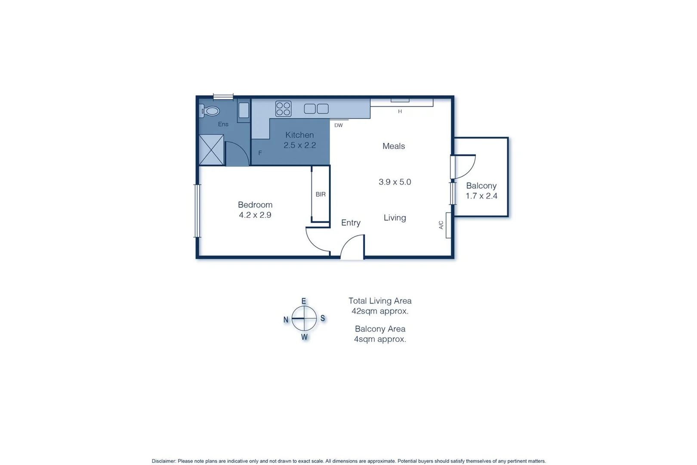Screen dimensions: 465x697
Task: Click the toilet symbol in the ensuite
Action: tap(210, 111)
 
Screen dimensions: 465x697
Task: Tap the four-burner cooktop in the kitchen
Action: tap(283, 108)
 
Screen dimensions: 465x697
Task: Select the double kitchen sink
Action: tap(316, 108)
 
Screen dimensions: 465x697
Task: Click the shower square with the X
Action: tap(211, 150)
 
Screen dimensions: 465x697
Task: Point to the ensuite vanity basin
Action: tap(244, 110)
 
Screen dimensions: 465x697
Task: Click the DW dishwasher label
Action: tap(339, 125)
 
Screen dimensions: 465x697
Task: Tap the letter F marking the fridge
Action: tap(260, 153)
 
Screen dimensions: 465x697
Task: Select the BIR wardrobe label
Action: tap(321, 194)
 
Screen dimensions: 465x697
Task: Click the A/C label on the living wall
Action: tap(441, 225)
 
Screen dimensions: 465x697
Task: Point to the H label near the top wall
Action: tap(400, 112)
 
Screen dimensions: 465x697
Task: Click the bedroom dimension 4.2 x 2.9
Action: tap(255, 215)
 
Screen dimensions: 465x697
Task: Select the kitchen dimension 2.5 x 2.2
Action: tap(299, 145)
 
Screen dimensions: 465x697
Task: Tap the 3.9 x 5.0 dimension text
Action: tap(395, 182)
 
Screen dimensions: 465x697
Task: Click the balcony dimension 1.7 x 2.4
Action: tap(481, 196)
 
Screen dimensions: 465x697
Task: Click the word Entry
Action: tap(351, 223)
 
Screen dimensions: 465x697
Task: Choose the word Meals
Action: tap(394, 146)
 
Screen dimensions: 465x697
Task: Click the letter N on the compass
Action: tap(286, 319)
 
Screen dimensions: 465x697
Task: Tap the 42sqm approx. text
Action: tap(380, 311)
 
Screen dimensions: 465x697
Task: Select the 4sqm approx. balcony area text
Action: tap(380, 339)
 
